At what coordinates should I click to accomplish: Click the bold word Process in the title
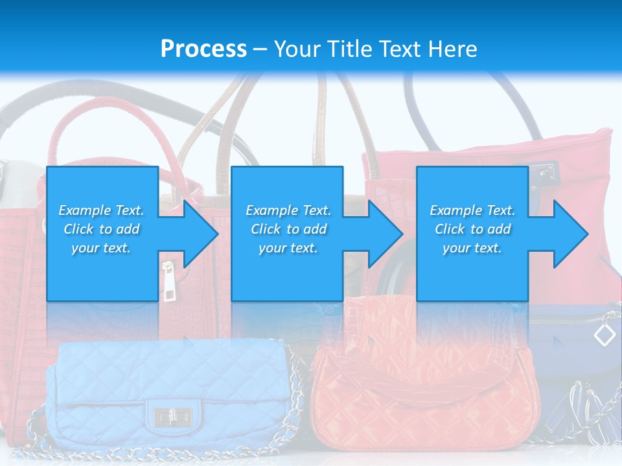click(203, 49)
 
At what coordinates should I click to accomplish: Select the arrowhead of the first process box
click(197, 234)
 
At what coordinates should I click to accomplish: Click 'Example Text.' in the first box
click(102, 210)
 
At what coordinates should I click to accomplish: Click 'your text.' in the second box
click(288, 248)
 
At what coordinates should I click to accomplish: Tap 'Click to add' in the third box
click(472, 229)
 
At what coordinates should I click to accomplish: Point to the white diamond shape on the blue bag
click(605, 335)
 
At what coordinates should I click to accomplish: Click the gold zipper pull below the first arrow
click(168, 282)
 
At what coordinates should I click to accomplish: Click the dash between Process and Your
click(260, 49)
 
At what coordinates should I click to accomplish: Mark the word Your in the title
click(297, 49)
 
